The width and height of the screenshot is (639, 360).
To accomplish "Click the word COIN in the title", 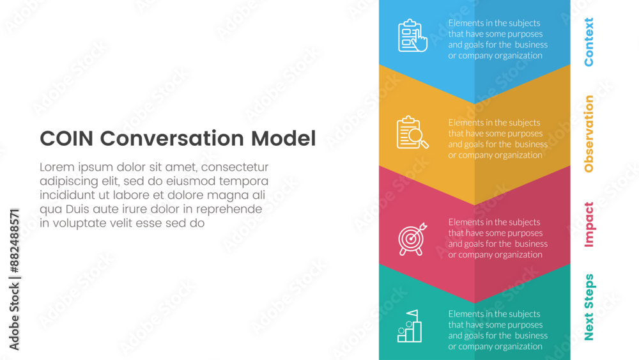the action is [x=66, y=138].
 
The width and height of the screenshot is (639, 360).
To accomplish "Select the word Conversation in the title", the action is [x=172, y=138].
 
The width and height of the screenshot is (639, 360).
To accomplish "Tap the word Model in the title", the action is [x=283, y=138].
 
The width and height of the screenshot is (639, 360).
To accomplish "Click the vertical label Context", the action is [x=589, y=42].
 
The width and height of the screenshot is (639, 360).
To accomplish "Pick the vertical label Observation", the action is [x=589, y=134].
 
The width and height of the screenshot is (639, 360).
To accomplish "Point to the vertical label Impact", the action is [x=589, y=224].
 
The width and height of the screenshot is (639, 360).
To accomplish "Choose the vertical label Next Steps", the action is [x=589, y=307].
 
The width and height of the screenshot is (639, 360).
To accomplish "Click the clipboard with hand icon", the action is [x=412, y=35].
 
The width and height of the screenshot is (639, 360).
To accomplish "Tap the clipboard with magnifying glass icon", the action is [x=412, y=132].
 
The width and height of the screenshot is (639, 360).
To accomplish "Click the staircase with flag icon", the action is [x=410, y=325].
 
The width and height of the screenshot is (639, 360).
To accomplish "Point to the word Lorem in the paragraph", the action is [x=57, y=167].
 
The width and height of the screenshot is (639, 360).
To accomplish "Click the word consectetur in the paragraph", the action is [x=235, y=167].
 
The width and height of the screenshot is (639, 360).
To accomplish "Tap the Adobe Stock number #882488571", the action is [x=14, y=241].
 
